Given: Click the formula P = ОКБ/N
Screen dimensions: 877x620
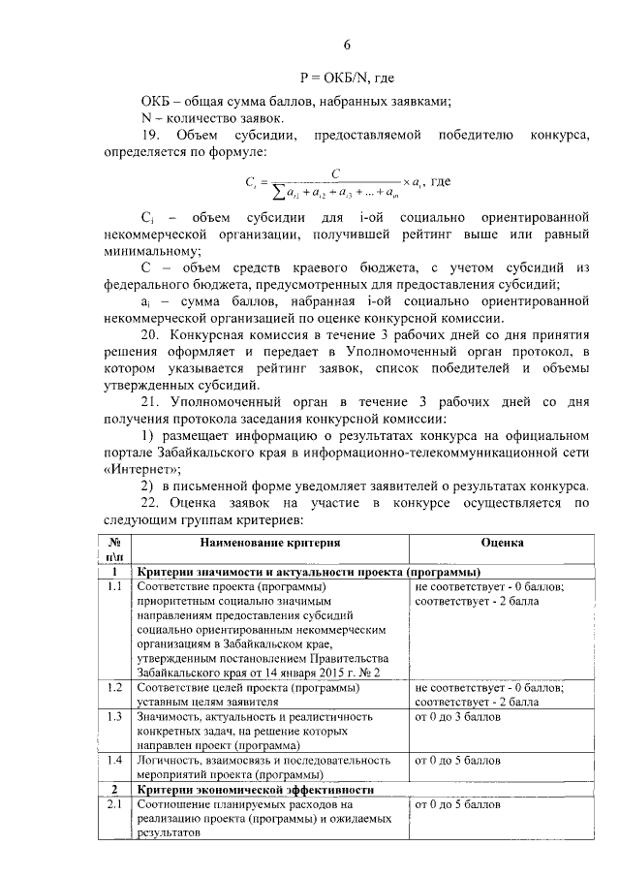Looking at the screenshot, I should pos(346,78).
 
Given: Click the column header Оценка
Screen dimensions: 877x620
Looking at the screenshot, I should pos(502,545).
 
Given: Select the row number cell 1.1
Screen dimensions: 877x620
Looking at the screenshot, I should pos(114,587).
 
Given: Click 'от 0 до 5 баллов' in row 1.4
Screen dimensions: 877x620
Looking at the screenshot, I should pos(457,761).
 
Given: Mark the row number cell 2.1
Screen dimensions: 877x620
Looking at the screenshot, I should pos(114,805).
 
